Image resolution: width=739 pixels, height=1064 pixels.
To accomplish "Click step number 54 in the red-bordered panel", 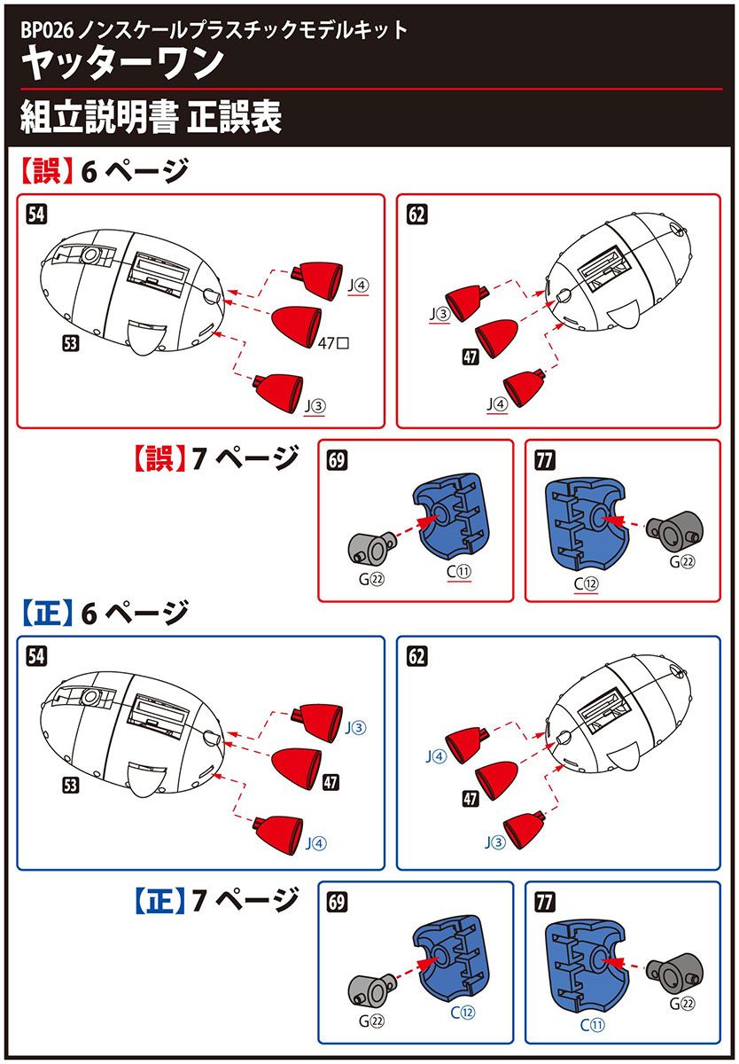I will [x=38, y=215].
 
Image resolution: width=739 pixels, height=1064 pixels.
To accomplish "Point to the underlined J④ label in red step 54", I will [x=359, y=286].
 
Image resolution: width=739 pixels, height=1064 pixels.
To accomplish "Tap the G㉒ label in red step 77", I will [x=682, y=561].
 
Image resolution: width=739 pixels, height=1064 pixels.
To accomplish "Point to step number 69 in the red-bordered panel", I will [x=337, y=460].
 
